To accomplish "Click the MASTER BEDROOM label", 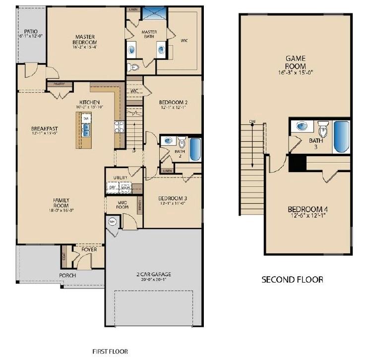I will click(x=85, y=40).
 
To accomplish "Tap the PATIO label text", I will click(x=31, y=32).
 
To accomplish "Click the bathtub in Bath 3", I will click(x=341, y=136).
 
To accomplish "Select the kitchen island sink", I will click(x=86, y=130).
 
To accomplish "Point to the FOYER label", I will click(x=89, y=249).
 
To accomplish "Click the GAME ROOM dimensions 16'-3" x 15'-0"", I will click(x=295, y=72).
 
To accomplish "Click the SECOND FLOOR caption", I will click(x=292, y=280).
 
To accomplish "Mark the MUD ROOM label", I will click(x=122, y=204).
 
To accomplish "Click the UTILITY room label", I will click(x=120, y=178).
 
